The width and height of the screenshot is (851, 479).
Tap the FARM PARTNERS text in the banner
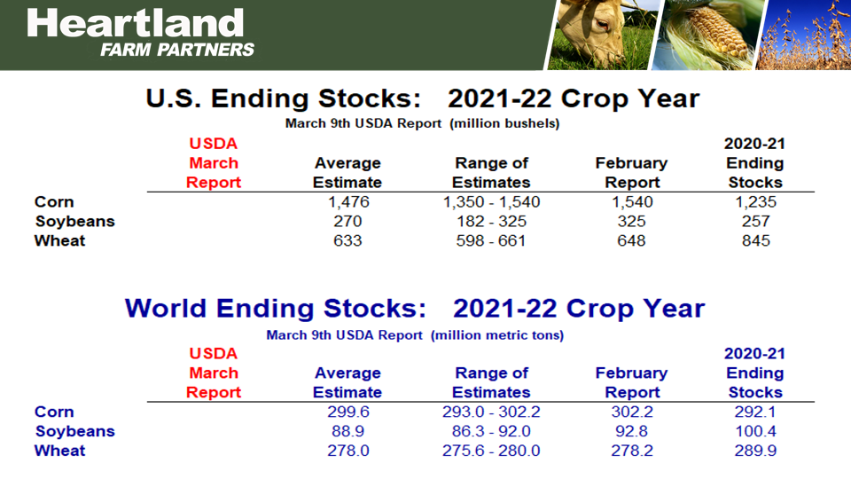pyautogui.click(x=177, y=50)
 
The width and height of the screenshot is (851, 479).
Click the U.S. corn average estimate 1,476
pyautogui.click(x=347, y=202)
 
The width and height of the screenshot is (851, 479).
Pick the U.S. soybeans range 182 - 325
pyautogui.click(x=491, y=222)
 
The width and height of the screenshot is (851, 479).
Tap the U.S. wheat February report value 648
pyautogui.click(x=631, y=241)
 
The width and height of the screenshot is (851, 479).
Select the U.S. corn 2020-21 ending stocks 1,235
pyautogui.click(x=754, y=202)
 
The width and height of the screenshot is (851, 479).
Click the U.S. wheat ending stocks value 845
pyautogui.click(x=755, y=241)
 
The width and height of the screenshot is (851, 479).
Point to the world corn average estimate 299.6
pyautogui.click(x=347, y=412)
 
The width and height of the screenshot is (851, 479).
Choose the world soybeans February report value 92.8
pyautogui.click(x=631, y=432)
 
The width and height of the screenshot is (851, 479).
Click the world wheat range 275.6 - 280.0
pyautogui.click(x=491, y=452)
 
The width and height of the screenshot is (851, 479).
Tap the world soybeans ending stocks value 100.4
pyautogui.click(x=754, y=432)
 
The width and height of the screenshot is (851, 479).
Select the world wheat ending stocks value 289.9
pyautogui.click(x=754, y=452)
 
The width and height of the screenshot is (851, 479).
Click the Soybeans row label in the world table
pyautogui.click(x=74, y=432)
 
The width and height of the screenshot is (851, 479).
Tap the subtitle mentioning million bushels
pyautogui.click(x=422, y=124)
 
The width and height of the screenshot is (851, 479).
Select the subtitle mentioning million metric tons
pyautogui.click(x=415, y=335)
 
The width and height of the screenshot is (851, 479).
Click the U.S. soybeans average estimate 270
pyautogui.click(x=347, y=222)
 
